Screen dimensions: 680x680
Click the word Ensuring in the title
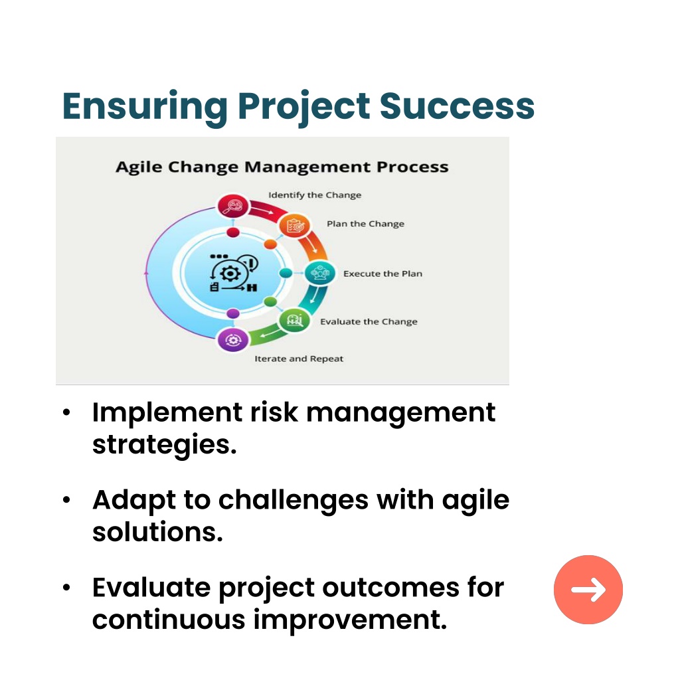click(x=145, y=108)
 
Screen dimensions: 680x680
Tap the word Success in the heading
click(x=457, y=106)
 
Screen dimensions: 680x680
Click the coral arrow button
click(x=588, y=590)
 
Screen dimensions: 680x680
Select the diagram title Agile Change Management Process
click(x=282, y=167)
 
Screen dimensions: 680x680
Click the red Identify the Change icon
click(x=233, y=206)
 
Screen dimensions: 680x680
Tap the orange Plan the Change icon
click(x=294, y=226)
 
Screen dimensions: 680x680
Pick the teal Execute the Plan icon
click(x=320, y=273)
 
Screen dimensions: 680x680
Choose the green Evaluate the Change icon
click(x=294, y=321)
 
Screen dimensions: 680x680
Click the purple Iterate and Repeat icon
click(x=233, y=340)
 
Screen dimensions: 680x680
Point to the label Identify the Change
click(x=315, y=195)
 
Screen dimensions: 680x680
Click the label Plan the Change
click(x=366, y=224)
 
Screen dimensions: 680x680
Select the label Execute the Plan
click(x=383, y=274)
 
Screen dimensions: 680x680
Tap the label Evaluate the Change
click(x=369, y=322)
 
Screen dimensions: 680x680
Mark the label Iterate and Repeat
click(x=299, y=359)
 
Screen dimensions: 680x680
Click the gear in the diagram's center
click(x=230, y=274)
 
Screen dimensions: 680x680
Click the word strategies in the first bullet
click(x=165, y=445)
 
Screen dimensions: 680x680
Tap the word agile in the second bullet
click(x=475, y=501)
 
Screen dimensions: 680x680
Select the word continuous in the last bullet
click(x=169, y=620)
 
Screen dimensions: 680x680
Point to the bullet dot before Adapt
click(x=66, y=500)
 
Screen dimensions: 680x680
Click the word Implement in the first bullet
click(x=167, y=412)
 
